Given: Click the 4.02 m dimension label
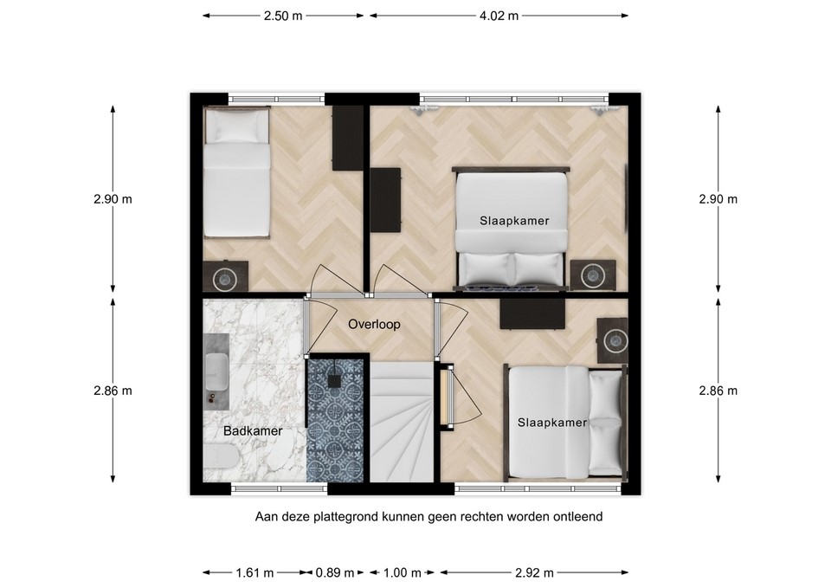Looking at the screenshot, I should (x=499, y=15).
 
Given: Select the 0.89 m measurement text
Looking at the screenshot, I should (x=334, y=572).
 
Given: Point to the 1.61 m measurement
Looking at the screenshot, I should (x=254, y=572).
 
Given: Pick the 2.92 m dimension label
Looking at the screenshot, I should (x=533, y=572).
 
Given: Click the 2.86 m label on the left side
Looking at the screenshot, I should (x=113, y=391).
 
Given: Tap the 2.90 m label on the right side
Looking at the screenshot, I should (x=718, y=199).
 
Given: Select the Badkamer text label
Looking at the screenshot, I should (x=253, y=430).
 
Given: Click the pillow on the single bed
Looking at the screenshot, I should (x=236, y=128).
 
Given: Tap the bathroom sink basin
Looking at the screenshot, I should (x=216, y=372).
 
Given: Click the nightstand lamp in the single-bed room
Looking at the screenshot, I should (x=226, y=278).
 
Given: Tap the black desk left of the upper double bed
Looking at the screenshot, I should (x=385, y=200).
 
